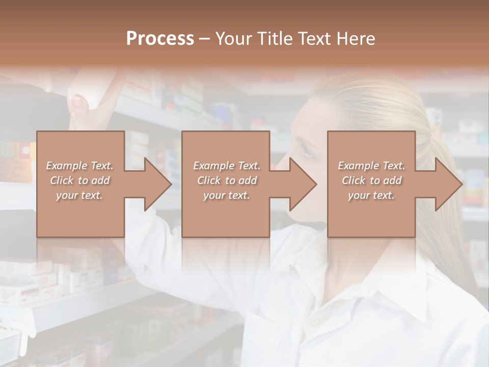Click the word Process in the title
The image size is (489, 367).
point(160,38)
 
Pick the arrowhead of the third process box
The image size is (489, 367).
point(448,184)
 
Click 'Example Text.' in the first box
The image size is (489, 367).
point(79,166)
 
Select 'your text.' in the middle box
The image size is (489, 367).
point(226,195)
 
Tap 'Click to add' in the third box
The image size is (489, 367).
point(372,180)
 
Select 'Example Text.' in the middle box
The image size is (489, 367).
point(226,166)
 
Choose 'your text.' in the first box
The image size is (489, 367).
point(79,195)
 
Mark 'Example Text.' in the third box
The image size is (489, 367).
point(372,166)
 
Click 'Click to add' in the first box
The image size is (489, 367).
point(79,180)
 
